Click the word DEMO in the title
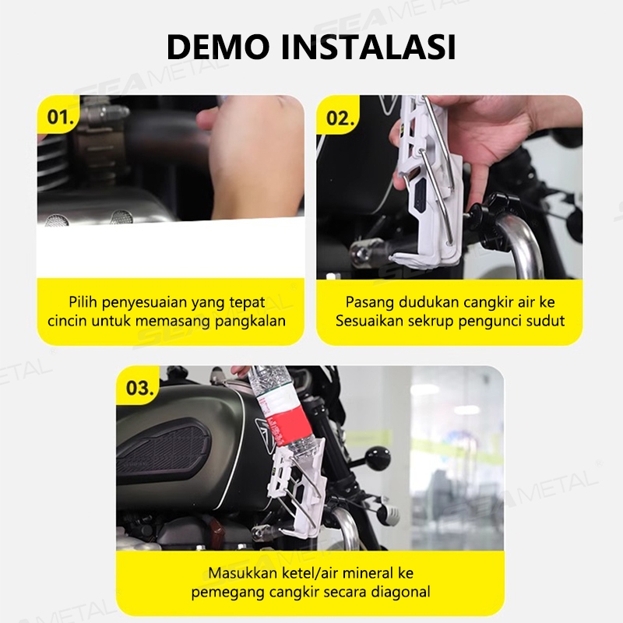(218, 47)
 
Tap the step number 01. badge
(61, 117)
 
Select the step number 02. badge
(340, 118)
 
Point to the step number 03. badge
(139, 387)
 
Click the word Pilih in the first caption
(83, 302)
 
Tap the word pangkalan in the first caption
(250, 322)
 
